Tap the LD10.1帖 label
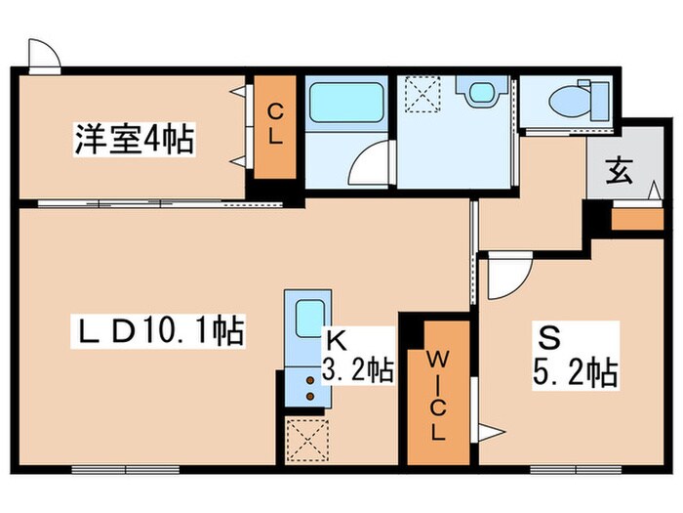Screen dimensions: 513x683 [155, 333]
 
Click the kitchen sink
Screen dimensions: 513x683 [310, 318]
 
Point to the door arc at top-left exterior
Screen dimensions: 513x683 [43, 53]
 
